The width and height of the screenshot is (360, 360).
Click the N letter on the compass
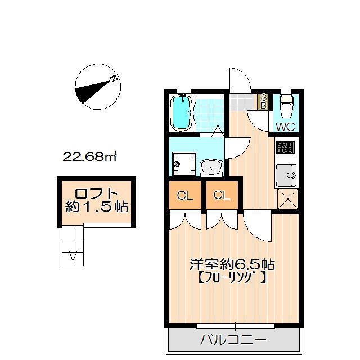tap(114, 79)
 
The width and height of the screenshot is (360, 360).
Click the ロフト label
tap(96, 193)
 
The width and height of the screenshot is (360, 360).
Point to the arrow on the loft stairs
tap(73, 256)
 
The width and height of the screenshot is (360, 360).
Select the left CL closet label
tap(185, 196)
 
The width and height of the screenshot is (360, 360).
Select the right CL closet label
tap(222, 195)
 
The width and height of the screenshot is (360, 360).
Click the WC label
tap(285, 127)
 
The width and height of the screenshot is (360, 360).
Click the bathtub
tap(182, 112)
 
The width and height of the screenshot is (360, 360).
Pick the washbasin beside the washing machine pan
tap(211, 168)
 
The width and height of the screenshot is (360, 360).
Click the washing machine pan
tap(184, 164)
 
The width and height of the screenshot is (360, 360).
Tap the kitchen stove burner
tap(286, 147)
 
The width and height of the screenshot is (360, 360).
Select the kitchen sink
tap(286, 175)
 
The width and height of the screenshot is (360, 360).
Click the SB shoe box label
tap(264, 101)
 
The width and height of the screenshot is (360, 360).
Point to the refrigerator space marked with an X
tap(288, 199)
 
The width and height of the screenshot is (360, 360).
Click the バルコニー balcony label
tap(233, 340)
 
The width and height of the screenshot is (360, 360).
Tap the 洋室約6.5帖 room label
tap(232, 264)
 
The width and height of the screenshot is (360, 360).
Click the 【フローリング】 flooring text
tap(232, 277)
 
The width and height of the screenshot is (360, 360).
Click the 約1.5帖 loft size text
tap(96, 206)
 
